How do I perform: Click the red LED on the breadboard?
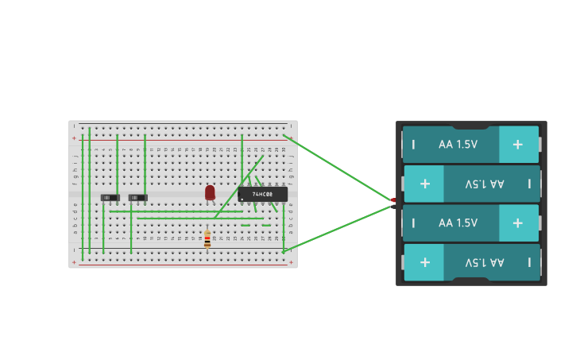(x=210, y=192)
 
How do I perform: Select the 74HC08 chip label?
(x=262, y=194)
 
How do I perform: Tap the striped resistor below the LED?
(x=207, y=238)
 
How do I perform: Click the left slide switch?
(x=110, y=197)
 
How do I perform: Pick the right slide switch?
(x=138, y=197)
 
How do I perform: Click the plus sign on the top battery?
(x=518, y=145)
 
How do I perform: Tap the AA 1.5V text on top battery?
(x=458, y=145)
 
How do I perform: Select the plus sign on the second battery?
(x=424, y=184)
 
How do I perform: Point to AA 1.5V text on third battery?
(x=458, y=223)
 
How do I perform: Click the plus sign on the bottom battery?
(x=424, y=261)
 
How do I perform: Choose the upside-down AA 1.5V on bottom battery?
(x=485, y=261)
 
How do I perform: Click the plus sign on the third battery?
(x=518, y=223)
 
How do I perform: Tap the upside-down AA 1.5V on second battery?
(x=485, y=184)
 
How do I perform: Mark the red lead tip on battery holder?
(x=393, y=200)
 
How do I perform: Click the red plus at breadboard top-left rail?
(x=74, y=138)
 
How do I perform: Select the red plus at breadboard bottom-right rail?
(x=291, y=261)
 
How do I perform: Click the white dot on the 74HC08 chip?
(x=242, y=199)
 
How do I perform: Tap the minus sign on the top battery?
(x=413, y=145)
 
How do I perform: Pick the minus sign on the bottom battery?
(x=529, y=261)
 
